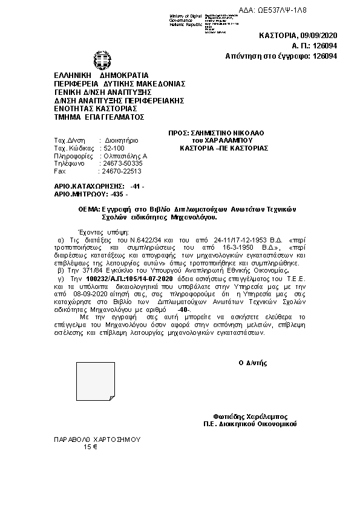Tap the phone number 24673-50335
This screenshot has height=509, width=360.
pos(122,163)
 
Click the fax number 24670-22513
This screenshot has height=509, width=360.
pos(122,171)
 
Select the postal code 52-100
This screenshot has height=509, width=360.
pos(114,148)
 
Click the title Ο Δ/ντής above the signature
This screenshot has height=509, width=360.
pos(253,363)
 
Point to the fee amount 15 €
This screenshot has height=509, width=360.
pos(91,447)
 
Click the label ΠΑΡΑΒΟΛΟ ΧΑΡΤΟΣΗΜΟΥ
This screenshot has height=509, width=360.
pos(97,439)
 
